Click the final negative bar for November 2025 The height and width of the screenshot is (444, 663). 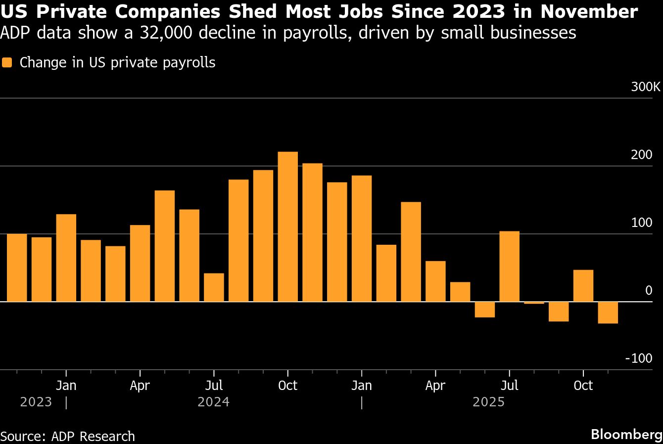coord(608,312)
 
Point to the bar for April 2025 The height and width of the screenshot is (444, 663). coord(435,281)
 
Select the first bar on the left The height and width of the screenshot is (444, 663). coord(17,267)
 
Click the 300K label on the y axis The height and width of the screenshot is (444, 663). coord(645,87)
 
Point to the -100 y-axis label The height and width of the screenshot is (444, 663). coord(639,358)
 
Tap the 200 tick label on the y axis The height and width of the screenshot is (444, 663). coord(642,155)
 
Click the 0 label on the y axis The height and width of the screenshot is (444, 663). coord(649,290)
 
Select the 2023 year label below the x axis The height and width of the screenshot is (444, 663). coord(36,402)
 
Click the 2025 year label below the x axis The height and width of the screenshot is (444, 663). coord(488,402)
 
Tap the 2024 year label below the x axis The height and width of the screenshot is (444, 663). coord(213,402)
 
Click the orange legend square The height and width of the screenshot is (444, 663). coord(7,63)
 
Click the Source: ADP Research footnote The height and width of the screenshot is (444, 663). coord(68,436)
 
